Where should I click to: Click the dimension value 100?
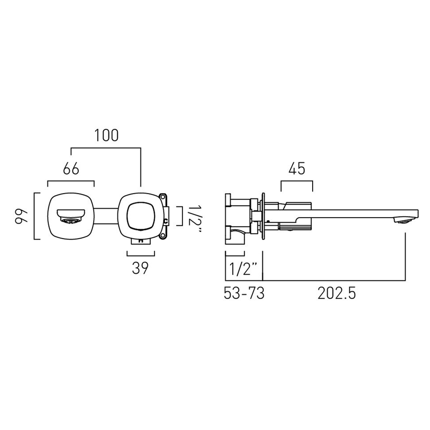(107, 135)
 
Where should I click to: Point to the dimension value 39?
(140, 268)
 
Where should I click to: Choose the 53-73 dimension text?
(244, 294)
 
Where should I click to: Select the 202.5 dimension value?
(337, 294)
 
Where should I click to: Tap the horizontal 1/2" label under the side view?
(243, 270)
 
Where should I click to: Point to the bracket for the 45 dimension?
(296, 182)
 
